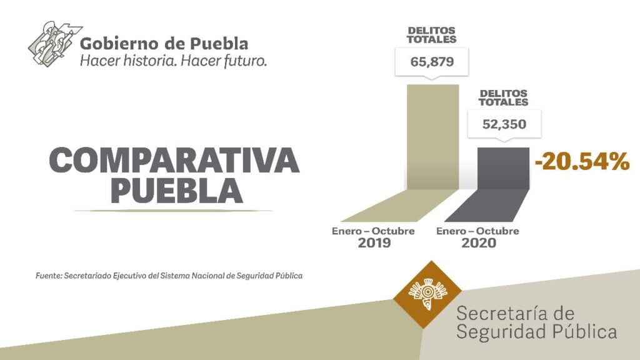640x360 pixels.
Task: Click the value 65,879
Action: point(432,62)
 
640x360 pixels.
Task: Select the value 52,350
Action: point(504,124)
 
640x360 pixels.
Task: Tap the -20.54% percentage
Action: point(581,161)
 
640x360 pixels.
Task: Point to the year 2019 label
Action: point(374,242)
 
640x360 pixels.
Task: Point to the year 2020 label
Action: point(478,242)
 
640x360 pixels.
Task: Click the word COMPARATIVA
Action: point(174,161)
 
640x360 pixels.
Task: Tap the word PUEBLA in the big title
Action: point(176,190)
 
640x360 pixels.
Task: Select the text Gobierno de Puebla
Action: point(164,44)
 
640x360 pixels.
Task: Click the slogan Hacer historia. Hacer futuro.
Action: point(173,61)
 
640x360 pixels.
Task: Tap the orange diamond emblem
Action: point(427,294)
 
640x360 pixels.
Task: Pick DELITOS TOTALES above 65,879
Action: point(432,35)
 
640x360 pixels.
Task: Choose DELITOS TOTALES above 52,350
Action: point(503,97)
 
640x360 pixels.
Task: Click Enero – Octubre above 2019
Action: point(373,231)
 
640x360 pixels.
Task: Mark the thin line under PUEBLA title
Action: point(173,211)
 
